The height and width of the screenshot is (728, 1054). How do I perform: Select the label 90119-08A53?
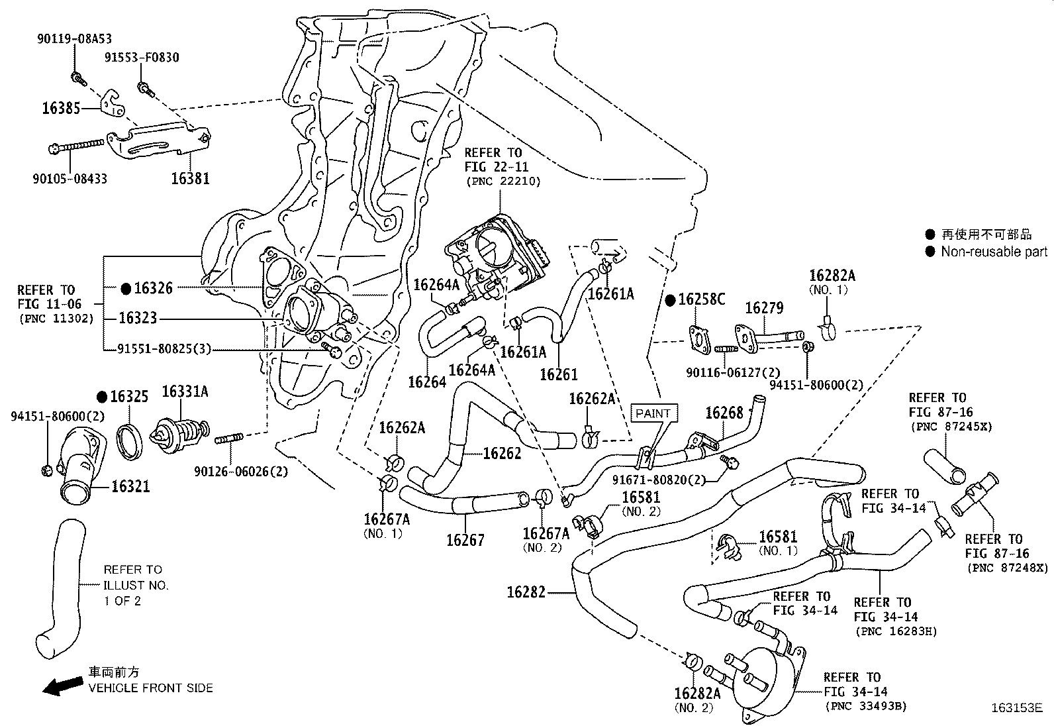click(73, 39)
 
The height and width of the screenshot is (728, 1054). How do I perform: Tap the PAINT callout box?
click(653, 413)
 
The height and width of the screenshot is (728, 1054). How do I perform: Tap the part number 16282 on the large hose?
click(526, 592)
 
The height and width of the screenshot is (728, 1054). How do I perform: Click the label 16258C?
click(702, 299)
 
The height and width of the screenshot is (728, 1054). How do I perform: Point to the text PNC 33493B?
click(865, 706)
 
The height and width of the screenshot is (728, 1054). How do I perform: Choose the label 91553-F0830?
click(142, 58)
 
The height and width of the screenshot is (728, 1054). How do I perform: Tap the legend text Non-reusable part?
click(994, 252)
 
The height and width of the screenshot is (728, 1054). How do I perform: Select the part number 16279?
click(764, 308)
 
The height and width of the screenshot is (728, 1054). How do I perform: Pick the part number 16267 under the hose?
click(465, 540)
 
